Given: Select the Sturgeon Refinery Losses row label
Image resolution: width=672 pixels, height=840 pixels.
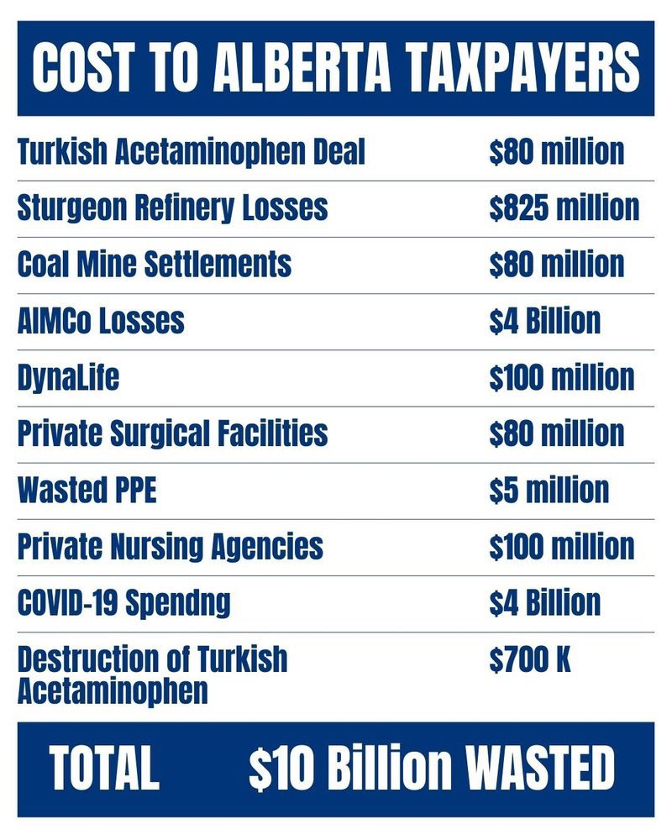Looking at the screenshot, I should [172, 207].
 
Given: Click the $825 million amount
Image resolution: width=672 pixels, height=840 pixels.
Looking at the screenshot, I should [564, 207].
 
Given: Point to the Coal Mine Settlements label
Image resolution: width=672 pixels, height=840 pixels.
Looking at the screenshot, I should [154, 264].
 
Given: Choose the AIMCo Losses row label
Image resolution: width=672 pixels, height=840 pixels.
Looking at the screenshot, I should [101, 320].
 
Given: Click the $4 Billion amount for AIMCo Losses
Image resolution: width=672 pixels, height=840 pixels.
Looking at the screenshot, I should [544, 320].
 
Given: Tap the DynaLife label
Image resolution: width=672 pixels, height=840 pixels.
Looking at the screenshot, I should [68, 377].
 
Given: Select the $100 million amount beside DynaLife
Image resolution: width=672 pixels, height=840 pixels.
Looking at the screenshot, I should [561, 377].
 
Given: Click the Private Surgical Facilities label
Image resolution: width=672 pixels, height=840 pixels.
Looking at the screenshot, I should [172, 433].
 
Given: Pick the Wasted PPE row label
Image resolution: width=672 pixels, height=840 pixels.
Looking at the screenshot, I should [87, 490].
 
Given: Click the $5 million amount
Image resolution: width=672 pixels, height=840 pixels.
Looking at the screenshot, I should [549, 490].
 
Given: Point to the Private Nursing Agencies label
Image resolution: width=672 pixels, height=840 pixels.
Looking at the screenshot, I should [170, 546].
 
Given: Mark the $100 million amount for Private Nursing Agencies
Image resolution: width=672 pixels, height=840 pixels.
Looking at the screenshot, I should [561, 546].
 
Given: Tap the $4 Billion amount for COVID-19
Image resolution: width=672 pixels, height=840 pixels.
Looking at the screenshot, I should [544, 602].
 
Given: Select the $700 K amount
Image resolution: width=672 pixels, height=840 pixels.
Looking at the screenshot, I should [530, 659].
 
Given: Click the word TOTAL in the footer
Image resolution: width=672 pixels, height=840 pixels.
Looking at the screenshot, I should [104, 769].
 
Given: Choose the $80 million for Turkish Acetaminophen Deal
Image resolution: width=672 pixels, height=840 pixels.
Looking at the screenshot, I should [556, 151].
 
